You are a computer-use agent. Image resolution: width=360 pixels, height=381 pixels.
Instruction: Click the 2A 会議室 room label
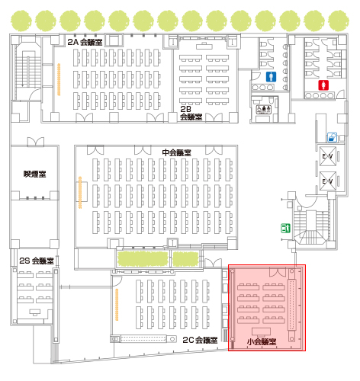point(85,42)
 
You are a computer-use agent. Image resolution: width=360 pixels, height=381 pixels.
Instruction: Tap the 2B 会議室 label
point(191,113)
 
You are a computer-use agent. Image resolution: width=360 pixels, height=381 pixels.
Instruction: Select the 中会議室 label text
point(176,152)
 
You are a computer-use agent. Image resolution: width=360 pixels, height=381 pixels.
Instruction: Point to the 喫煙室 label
point(34,174)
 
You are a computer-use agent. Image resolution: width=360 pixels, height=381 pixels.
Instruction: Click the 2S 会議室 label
point(37,261)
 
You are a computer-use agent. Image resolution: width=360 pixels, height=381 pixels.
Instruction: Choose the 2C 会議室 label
point(200,340)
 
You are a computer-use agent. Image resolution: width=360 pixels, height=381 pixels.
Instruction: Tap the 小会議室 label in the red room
point(262,341)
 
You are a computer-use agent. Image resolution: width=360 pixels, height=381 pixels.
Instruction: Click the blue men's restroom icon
point(272,77)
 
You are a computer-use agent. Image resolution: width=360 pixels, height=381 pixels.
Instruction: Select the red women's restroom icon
point(323,85)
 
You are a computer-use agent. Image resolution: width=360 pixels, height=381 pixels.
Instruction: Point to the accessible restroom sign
point(264,110)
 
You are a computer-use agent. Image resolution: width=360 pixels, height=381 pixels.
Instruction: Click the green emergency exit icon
point(285,228)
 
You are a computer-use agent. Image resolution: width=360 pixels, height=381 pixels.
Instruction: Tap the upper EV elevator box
point(328,156)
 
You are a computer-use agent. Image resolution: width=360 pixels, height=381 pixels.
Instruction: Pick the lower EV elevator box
point(328,181)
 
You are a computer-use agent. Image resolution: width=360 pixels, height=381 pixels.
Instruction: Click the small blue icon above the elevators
point(332,137)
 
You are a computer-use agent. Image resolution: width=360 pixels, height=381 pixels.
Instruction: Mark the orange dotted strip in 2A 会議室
point(59,79)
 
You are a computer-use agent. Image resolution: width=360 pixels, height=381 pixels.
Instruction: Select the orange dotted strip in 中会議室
point(80,193)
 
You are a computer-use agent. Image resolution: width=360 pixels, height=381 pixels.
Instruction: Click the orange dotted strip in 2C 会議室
point(117,305)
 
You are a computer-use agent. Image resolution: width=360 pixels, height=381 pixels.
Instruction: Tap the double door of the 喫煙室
point(36,142)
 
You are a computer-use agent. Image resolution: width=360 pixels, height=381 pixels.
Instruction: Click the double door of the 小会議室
point(278,272)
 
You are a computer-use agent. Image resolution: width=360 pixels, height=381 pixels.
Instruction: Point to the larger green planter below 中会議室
point(143,259)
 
